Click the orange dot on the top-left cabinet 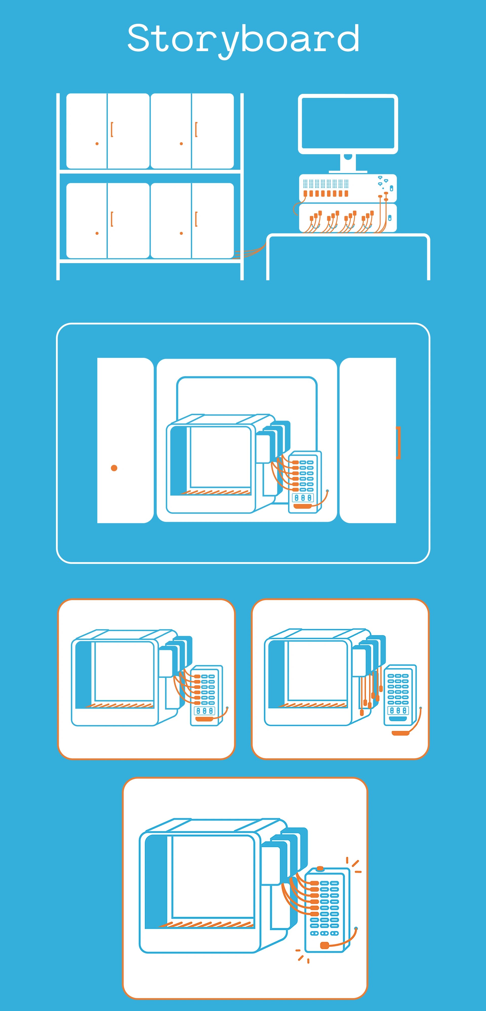pos(97,144)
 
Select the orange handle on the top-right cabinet pos(196,130)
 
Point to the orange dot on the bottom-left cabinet pos(97,233)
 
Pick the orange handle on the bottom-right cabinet pos(196,219)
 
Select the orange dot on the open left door pos(114,468)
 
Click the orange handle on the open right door pos(398,443)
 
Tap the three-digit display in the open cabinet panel pos(303,498)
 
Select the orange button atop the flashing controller pos(320,869)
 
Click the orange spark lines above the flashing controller pos(354,865)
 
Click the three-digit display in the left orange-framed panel pos(205,711)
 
